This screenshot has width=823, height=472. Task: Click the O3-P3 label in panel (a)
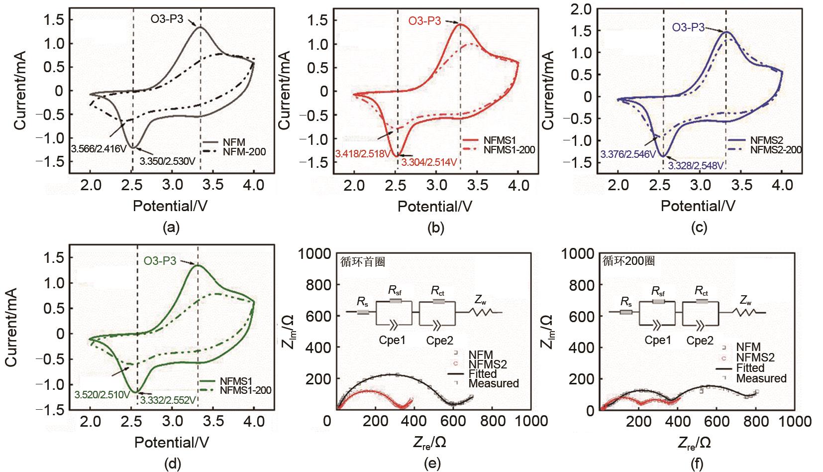tap(167, 20)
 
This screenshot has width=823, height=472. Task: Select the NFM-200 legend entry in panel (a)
tap(244, 151)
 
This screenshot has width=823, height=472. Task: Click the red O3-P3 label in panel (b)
tap(424, 21)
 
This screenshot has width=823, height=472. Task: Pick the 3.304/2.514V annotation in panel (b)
tap(430, 162)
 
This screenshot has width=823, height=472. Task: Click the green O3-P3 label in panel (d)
tap(160, 260)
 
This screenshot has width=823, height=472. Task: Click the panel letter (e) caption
tap(431, 464)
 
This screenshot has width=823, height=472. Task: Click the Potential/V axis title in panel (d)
tap(172, 442)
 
